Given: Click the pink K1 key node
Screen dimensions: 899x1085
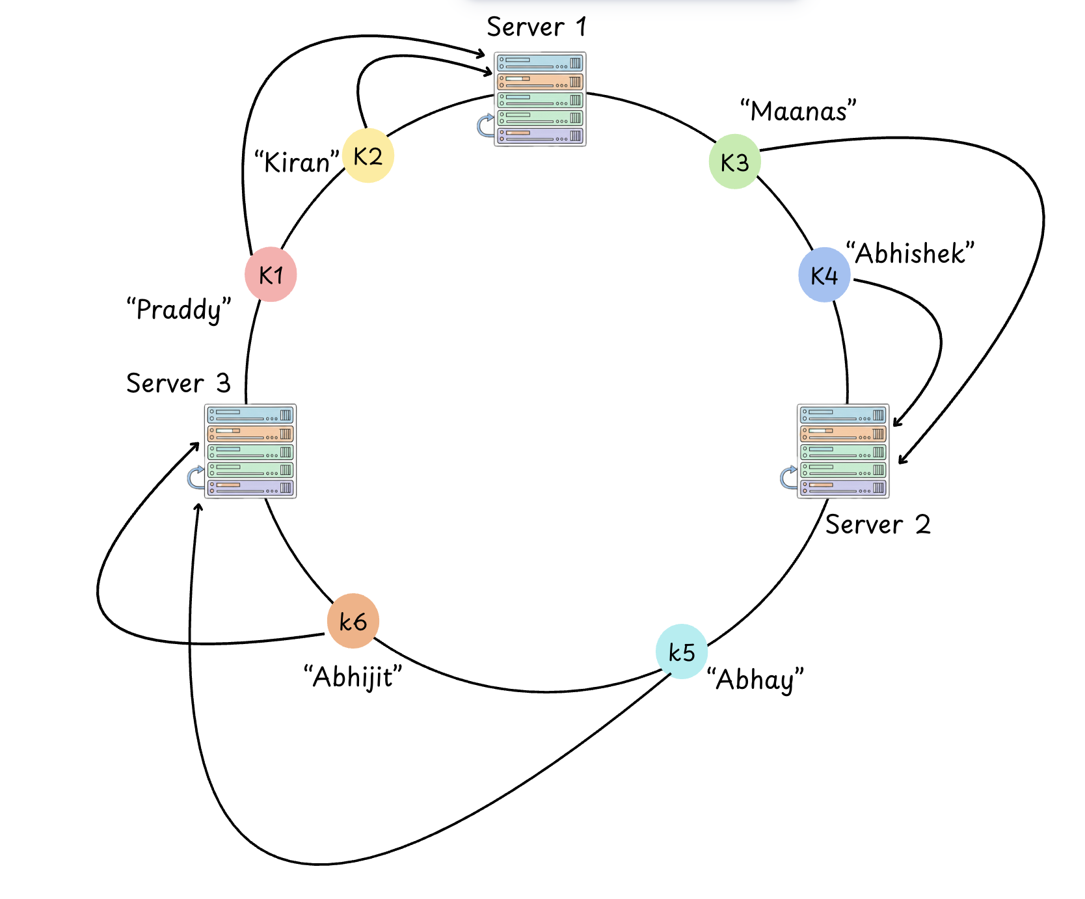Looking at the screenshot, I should click(271, 275).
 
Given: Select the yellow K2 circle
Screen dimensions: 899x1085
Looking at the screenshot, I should click(368, 156).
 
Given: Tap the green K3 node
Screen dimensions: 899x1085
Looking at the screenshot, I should click(734, 162).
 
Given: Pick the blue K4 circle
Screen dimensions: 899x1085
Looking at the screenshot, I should click(824, 275).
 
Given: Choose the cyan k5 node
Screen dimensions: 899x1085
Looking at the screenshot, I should click(681, 651).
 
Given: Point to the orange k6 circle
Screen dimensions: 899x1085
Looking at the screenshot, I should click(353, 621).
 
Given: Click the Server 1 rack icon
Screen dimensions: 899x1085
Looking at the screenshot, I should click(540, 99).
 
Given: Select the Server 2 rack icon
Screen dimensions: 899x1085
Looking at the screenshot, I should click(843, 451).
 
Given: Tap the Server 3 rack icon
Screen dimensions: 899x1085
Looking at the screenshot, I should click(250, 451).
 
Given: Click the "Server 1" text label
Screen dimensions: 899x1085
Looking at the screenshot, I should click(537, 27).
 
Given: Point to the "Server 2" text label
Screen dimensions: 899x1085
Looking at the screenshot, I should click(877, 524).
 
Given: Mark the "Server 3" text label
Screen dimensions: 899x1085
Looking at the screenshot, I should click(178, 383).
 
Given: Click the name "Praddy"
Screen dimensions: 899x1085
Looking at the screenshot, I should click(179, 310).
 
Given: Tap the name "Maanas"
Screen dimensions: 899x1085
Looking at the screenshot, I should click(798, 111).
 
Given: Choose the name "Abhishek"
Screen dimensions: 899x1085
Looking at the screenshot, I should click(910, 253).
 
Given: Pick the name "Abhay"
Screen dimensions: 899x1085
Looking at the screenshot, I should click(755, 680).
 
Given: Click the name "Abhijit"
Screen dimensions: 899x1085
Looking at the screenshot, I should click(353, 677).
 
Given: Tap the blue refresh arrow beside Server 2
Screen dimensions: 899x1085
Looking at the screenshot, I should click(788, 477).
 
